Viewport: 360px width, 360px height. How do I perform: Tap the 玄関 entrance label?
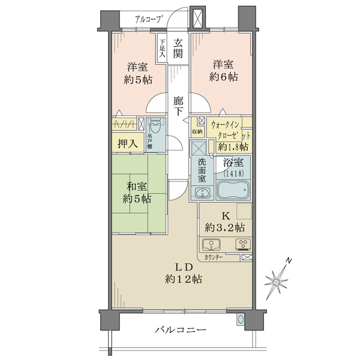tap(178, 49)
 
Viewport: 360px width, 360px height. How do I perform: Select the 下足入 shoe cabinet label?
tap(163, 49)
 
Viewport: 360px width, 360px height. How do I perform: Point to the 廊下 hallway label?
tap(178, 106)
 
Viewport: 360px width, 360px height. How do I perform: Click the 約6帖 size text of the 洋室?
tap(223, 77)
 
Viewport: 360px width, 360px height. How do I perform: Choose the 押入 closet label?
tap(128, 144)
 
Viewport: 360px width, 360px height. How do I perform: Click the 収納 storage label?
tap(197, 131)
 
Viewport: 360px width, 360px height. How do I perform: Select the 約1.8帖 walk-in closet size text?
tap(233, 147)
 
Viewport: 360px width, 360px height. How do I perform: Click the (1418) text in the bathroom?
tap(233, 173)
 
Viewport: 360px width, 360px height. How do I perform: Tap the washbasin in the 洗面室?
tap(202, 193)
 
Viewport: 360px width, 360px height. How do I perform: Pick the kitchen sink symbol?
tap(211, 245)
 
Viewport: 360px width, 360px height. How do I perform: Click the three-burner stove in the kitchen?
tap(243, 245)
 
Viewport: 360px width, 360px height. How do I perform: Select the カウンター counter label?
tap(213, 257)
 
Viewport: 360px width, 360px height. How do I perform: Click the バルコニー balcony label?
tap(180, 330)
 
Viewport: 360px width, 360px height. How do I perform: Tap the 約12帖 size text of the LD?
tap(184, 279)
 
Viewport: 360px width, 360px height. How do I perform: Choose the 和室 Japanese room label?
tap(137, 187)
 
